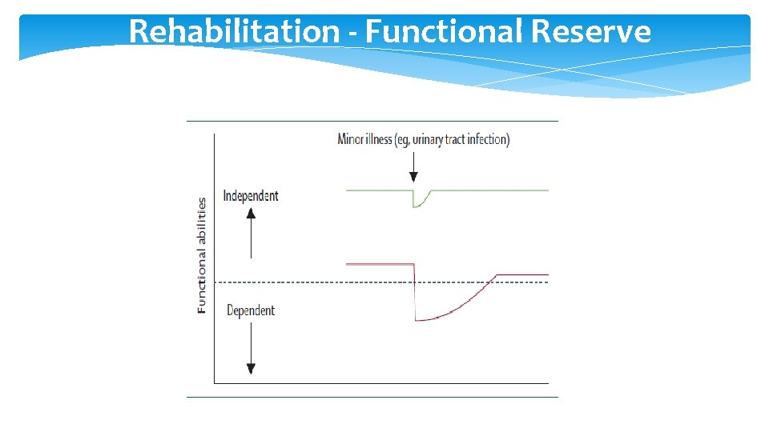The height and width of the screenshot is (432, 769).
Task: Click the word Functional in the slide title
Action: [440, 32]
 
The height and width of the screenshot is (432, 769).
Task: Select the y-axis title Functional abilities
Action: [202, 255]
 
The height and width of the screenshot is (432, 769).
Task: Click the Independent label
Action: [250, 196]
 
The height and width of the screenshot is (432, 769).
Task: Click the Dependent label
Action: [250, 310]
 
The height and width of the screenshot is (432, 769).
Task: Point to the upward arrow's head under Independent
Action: [251, 213]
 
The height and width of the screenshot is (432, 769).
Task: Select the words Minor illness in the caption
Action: [364, 139]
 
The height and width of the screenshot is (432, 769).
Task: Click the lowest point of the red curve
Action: [417, 320]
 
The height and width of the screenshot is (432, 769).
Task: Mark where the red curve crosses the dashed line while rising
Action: [488, 282]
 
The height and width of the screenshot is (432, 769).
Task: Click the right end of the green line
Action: [548, 190]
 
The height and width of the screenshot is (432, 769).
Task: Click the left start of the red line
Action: [347, 264]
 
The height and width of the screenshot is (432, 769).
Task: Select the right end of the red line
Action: [548, 275]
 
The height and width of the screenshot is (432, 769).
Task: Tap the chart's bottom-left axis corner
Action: [215, 383]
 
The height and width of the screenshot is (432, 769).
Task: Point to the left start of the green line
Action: [347, 190]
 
